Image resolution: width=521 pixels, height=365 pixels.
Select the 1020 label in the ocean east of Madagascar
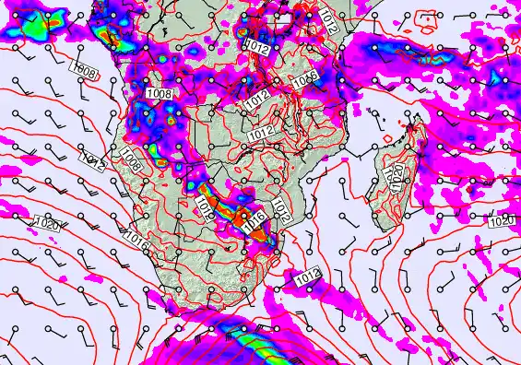[x=501, y=221]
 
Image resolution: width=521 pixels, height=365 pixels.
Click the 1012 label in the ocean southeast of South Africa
[x=306, y=275]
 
